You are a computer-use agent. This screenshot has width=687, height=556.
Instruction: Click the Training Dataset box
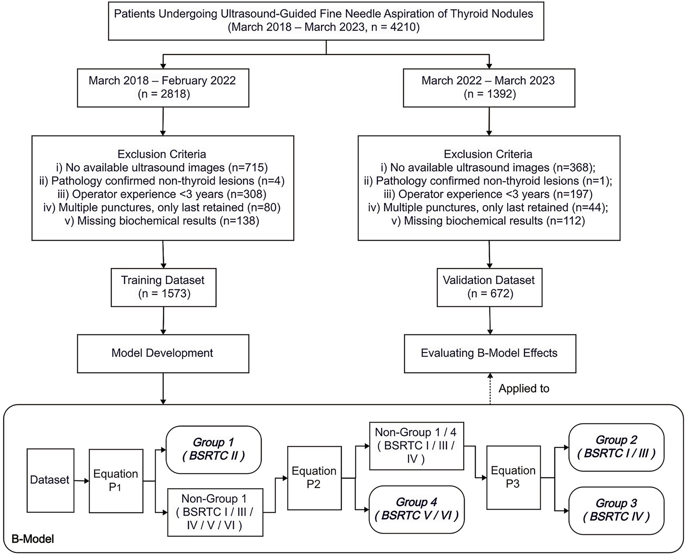tap(163, 287)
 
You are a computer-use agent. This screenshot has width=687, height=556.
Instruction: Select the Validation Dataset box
tap(489, 287)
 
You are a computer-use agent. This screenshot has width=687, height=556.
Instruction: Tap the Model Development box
tap(163, 353)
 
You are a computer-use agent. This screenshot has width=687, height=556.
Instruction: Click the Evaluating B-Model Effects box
tap(489, 353)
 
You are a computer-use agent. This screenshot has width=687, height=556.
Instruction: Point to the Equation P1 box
tap(116, 481)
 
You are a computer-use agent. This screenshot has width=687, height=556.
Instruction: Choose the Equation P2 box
tap(314, 478)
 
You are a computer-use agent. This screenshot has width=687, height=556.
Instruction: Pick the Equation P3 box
tap(513, 477)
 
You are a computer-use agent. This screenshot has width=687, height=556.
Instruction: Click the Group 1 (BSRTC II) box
tap(213, 450)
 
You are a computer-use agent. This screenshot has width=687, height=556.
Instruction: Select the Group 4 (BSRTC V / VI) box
tap(416, 509)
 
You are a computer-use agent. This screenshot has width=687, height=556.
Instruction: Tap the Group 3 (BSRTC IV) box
tap(616, 510)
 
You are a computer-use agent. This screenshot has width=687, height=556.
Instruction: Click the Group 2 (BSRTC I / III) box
tap(616, 447)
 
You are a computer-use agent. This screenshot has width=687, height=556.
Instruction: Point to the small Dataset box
tap(50, 480)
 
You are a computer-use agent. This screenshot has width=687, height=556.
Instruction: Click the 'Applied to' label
tap(523, 389)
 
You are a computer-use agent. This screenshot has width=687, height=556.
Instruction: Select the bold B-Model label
tap(33, 539)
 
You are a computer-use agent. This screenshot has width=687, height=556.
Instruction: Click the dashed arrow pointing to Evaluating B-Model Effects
tap(490, 389)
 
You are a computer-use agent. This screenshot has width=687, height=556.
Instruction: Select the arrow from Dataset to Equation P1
tap(82, 481)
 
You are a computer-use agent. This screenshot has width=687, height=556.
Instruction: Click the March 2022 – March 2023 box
tap(489, 88)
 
